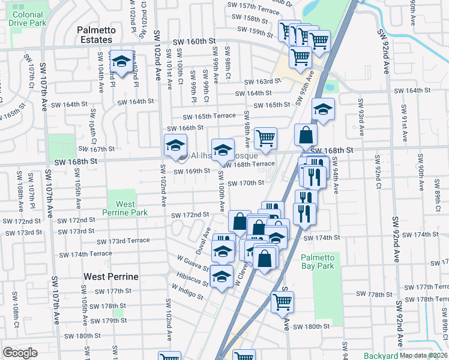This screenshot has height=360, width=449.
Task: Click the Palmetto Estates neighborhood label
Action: pyautogui.click(x=95, y=35)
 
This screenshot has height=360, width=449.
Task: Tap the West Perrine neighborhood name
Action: pyautogui.click(x=111, y=277)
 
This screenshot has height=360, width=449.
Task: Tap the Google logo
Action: pyautogui.click(x=20, y=353)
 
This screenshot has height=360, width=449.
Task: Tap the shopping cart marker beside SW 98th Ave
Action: pyautogui.click(x=265, y=138)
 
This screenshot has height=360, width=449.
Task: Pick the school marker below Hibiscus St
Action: pyautogui.click(x=221, y=276)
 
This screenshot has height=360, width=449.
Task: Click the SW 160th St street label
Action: pyautogui.click(x=193, y=42)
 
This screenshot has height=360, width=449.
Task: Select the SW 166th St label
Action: pyautogui.click(x=185, y=128)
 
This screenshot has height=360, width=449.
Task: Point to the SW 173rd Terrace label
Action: pyautogui.click(x=123, y=241)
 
